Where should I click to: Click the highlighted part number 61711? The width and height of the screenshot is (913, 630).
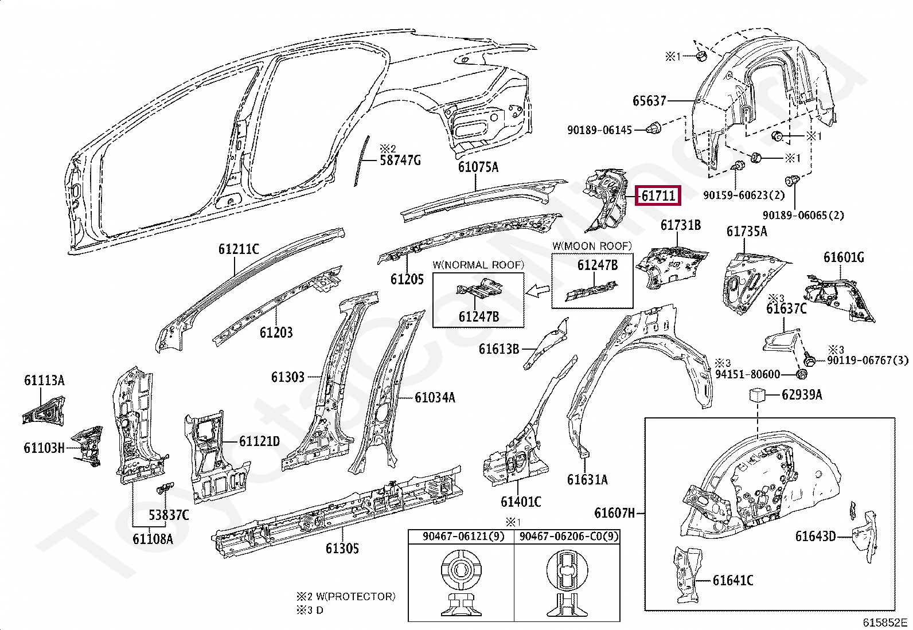658,196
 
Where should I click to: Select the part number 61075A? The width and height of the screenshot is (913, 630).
478,167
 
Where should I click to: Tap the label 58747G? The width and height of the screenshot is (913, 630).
400,160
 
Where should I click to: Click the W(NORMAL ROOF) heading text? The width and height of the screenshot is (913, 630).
478,265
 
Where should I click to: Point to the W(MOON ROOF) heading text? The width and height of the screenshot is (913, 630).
592,246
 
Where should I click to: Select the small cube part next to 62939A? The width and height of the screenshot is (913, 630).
758,394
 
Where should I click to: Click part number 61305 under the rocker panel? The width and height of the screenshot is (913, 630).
342,549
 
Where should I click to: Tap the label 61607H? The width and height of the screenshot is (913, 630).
615,512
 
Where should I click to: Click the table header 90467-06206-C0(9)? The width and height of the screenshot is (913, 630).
567,537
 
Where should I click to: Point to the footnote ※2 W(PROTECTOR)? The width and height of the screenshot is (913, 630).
345,596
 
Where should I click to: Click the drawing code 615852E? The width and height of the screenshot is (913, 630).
885,622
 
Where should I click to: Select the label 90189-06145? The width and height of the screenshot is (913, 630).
599,130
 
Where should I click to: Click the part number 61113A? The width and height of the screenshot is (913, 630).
44,380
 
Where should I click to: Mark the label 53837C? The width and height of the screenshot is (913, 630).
169,515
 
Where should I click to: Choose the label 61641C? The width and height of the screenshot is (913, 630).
733,581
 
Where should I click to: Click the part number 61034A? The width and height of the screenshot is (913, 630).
435,397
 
